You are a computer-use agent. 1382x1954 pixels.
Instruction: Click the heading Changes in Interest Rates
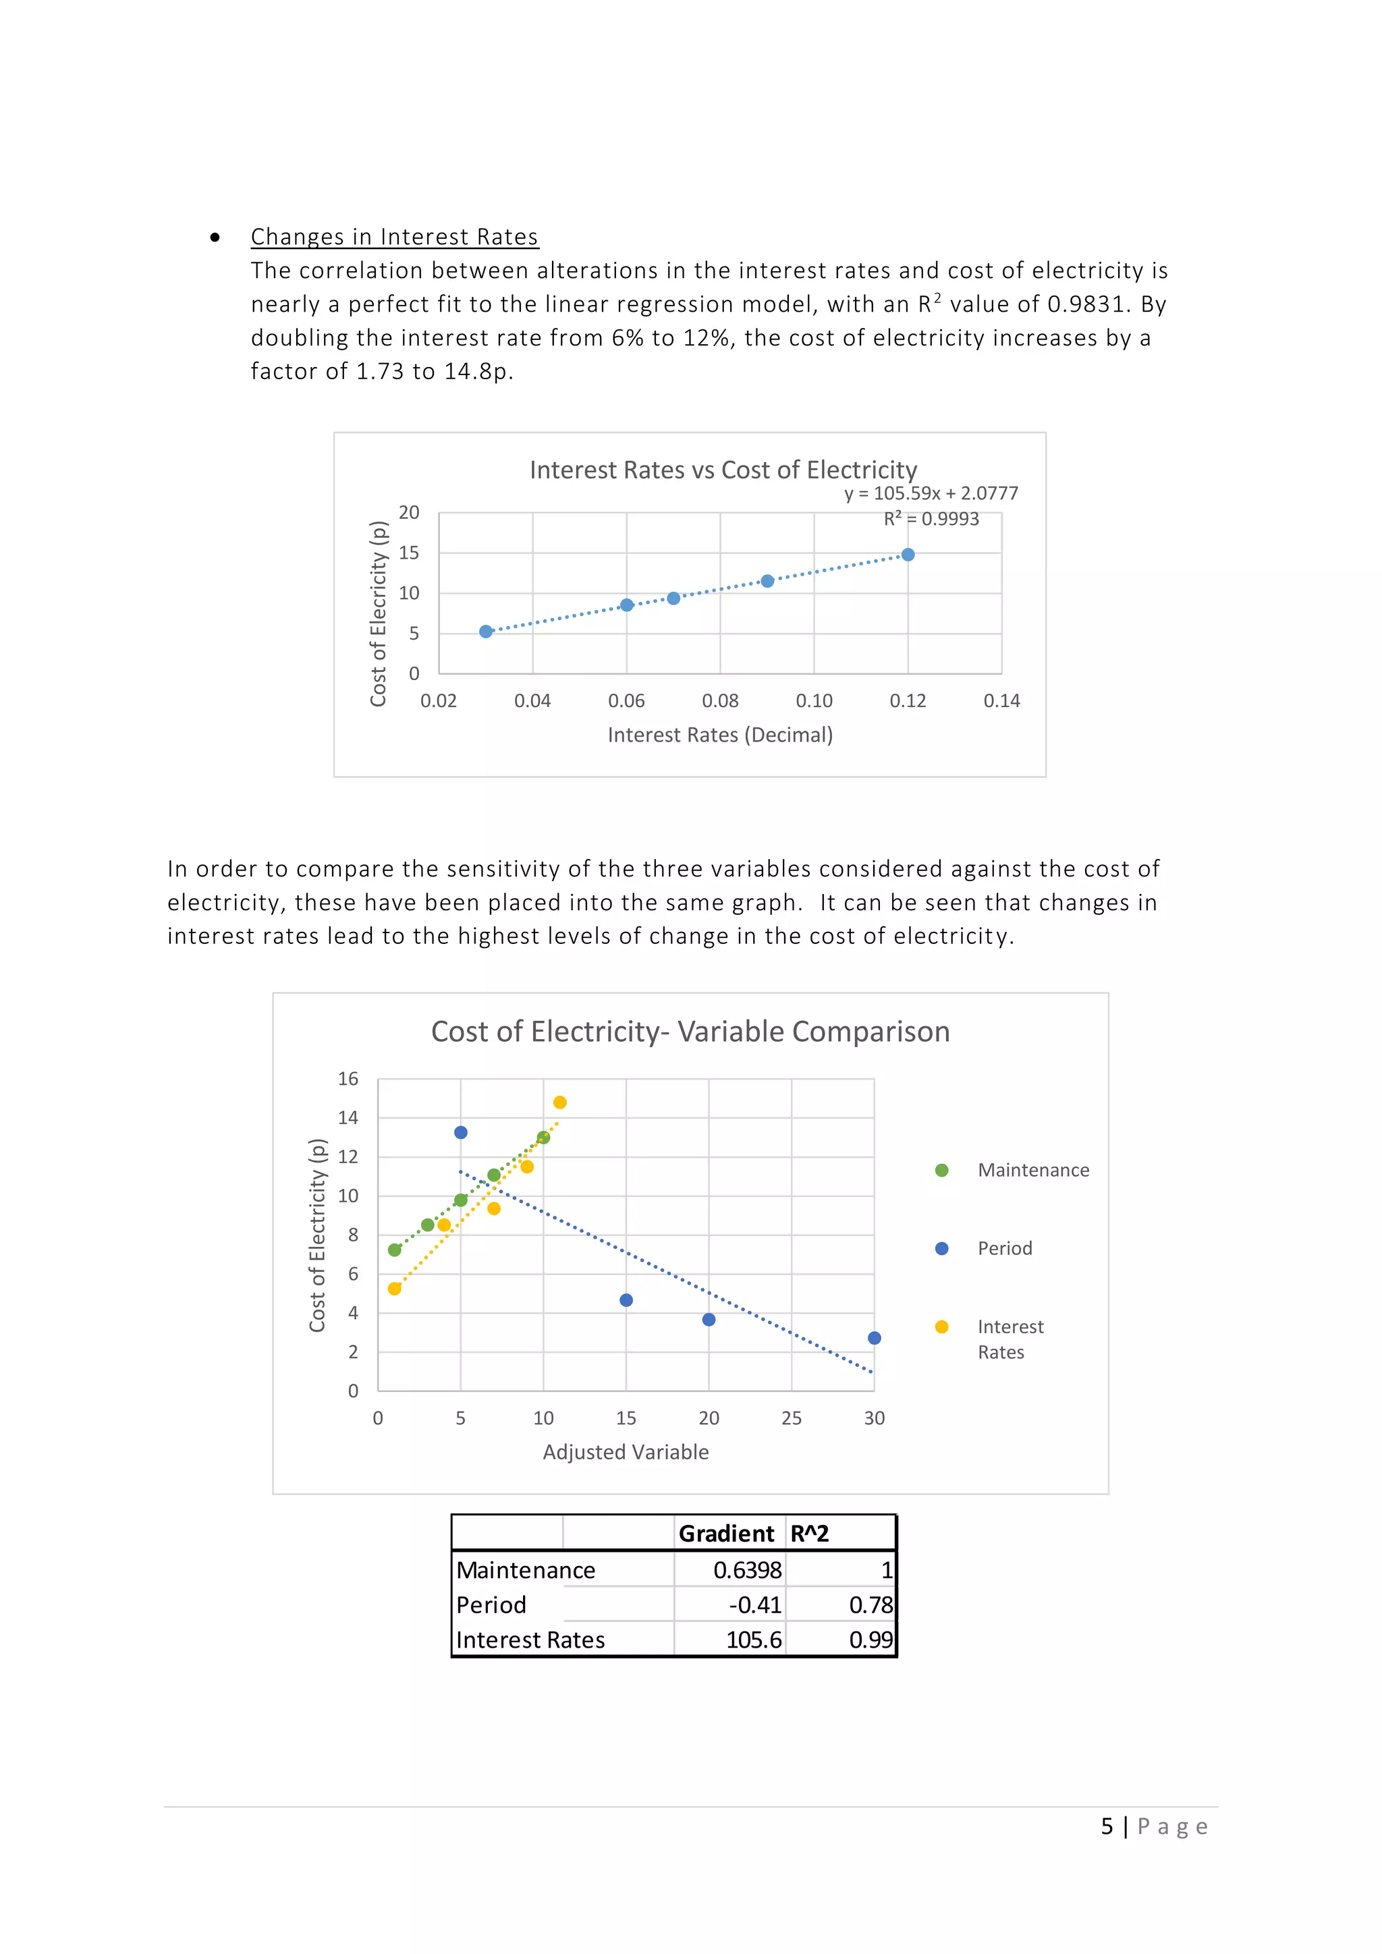[394, 237]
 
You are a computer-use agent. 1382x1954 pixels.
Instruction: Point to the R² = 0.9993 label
[931, 519]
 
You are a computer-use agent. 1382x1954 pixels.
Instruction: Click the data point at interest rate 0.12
[908, 555]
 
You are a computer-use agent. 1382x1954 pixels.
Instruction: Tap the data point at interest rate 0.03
[486, 632]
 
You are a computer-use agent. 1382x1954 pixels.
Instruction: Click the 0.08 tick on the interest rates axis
[720, 700]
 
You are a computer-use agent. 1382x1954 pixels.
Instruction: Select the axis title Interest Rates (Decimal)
[720, 735]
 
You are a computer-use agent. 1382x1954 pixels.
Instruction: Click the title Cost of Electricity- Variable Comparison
[690, 1032]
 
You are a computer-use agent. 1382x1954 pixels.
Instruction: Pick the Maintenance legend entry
[1032, 1170]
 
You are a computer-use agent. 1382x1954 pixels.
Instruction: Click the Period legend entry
[1004, 1248]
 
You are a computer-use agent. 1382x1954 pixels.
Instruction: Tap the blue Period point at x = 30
[874, 1338]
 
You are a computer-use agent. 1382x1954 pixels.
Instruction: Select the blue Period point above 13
[460, 1133]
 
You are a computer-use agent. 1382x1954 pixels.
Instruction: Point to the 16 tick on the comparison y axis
[348, 1079]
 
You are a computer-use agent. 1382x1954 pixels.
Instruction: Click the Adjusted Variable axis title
[626, 1452]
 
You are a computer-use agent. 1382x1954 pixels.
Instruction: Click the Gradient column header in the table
[726, 1534]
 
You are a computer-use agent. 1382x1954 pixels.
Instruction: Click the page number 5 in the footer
[1106, 1826]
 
